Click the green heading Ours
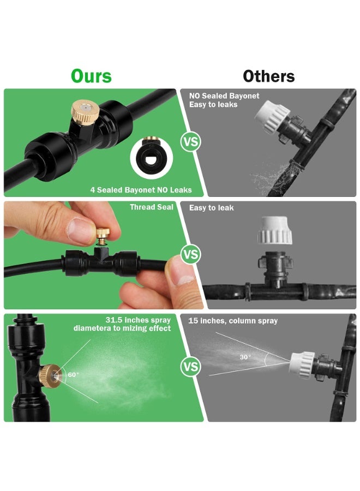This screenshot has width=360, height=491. point(91,76)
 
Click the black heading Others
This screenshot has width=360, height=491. point(269,76)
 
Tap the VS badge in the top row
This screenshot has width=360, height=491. point(191,142)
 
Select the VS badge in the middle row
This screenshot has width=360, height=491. point(191,254)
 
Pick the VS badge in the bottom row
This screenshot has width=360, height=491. point(191,367)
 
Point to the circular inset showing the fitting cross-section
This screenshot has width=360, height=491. point(152,158)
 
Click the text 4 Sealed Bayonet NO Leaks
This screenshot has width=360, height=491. point(141,190)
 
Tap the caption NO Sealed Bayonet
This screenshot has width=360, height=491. point(224,96)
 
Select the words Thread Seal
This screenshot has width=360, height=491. point(152,207)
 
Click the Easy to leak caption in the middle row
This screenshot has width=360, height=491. point(211,208)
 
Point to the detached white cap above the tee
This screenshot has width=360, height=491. point(275,230)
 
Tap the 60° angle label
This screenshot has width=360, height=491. point(73,374)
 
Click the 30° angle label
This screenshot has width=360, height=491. point(245,357)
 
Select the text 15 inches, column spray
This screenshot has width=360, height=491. point(233,321)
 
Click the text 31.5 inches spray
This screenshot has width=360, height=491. point(138,320)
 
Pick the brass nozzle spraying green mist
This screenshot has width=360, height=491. point(50,376)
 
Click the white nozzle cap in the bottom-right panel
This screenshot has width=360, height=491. point(302,365)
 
